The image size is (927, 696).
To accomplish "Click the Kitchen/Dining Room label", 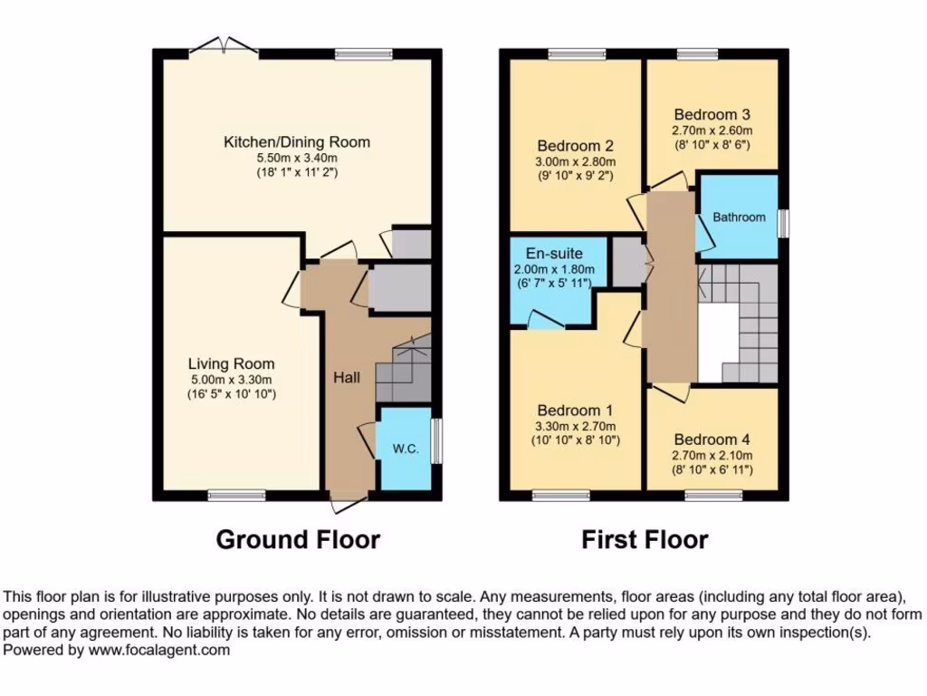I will click(x=297, y=142).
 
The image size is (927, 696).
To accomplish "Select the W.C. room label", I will click(x=405, y=450).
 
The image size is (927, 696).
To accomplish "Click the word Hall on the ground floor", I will click(x=347, y=377).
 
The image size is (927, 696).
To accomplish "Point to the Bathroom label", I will click(x=739, y=217).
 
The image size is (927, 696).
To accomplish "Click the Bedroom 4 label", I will click(x=712, y=440).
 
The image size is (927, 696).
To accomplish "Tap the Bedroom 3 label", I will click(x=712, y=115).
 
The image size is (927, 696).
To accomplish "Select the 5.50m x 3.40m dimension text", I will click(x=297, y=158).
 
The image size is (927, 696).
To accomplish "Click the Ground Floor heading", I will click(x=298, y=540).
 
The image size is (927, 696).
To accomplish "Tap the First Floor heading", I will click(x=645, y=540).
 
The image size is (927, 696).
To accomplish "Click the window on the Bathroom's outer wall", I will click(x=783, y=222).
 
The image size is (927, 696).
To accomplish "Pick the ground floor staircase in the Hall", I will click(x=404, y=370).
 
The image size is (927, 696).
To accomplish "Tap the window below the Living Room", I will click(x=236, y=495).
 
